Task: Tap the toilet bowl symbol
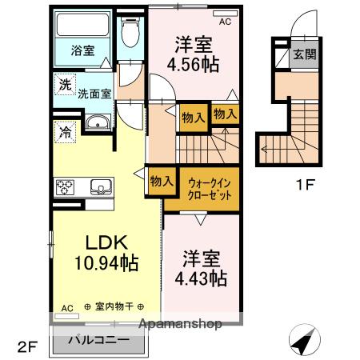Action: pyautogui.click(x=127, y=34)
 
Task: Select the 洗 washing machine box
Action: pyautogui.click(x=62, y=82)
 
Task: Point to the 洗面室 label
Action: pyautogui.click(x=94, y=93)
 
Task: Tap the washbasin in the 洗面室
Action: pyautogui.click(x=98, y=122)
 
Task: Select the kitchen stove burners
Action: pyautogui.click(x=65, y=187)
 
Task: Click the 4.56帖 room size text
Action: pyautogui.click(x=193, y=65)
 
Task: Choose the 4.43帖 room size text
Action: pyautogui.click(x=201, y=278)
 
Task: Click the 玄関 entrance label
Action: pyautogui.click(x=303, y=54)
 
